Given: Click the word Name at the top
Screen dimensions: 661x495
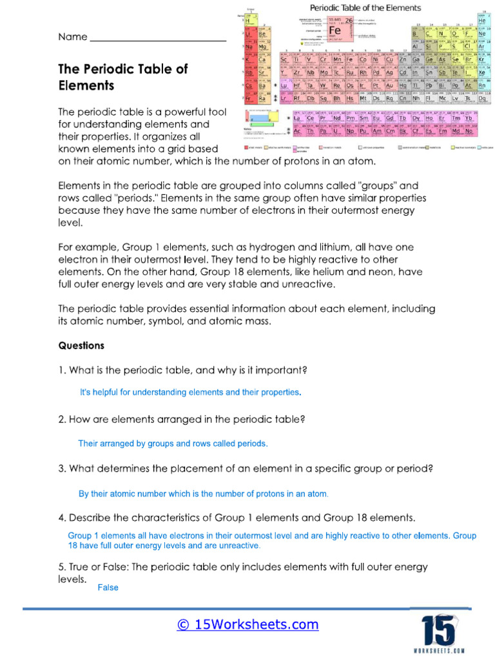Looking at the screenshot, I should pyautogui.click(x=72, y=37).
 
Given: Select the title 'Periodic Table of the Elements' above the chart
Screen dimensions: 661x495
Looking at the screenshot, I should pyautogui.click(x=365, y=8).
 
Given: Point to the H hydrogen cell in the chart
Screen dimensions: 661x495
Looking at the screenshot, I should pyautogui.click(x=246, y=21).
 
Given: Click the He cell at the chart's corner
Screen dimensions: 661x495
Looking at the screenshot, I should pyautogui.click(x=481, y=21).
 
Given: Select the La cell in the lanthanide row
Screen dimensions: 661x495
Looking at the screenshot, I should pyautogui.click(x=298, y=119).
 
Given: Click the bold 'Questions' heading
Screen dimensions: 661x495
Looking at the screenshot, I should pyautogui.click(x=81, y=345).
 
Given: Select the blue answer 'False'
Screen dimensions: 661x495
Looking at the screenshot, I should pyautogui.click(x=108, y=587).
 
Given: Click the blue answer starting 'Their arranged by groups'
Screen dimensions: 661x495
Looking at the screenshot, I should pyautogui.click(x=172, y=443).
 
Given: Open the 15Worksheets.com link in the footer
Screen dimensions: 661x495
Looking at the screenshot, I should pyautogui.click(x=247, y=624).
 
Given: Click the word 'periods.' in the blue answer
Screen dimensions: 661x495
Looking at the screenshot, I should pyautogui.click(x=251, y=443).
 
